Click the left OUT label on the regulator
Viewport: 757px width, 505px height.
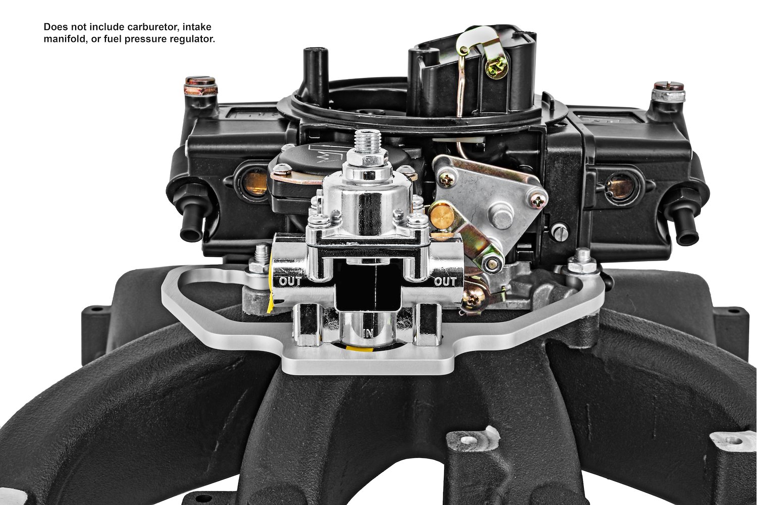[x=290, y=281]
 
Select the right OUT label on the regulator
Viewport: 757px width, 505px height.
[x=446, y=281]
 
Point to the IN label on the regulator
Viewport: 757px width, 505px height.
[x=368, y=334]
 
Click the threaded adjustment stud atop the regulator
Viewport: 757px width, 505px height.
[x=368, y=142]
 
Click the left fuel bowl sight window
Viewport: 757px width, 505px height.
[x=255, y=183]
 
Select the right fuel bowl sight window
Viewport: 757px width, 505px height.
[x=619, y=186]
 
